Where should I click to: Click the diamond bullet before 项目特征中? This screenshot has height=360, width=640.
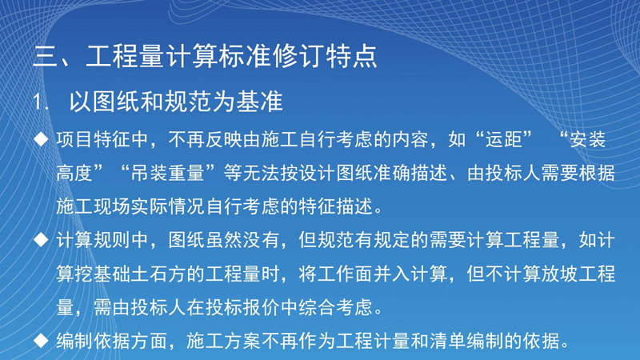41,139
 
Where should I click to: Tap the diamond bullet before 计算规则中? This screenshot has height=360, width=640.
41,239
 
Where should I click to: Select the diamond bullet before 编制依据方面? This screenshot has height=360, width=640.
41,341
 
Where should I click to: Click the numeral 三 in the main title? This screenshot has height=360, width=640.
46,56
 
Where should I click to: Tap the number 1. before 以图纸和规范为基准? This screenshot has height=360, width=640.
40,102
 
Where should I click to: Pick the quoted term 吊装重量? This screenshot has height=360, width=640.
168,173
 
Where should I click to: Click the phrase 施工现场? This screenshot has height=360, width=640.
94,206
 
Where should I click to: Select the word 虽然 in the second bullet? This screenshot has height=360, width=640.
225,240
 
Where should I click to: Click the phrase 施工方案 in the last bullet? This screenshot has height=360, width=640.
224,341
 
